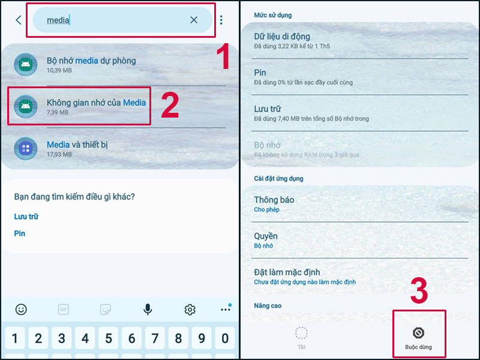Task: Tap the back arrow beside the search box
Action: (19, 20)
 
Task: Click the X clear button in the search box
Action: (194, 20)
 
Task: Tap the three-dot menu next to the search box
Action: (221, 20)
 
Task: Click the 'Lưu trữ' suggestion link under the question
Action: (26, 217)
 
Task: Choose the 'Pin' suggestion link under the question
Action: (20, 233)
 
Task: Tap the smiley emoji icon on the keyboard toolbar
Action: (21, 310)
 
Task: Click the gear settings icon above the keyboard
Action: (190, 310)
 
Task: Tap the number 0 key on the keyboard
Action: (225, 338)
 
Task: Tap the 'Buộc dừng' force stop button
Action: (418, 338)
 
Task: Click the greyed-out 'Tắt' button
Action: (302, 338)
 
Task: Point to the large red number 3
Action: (419, 290)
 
